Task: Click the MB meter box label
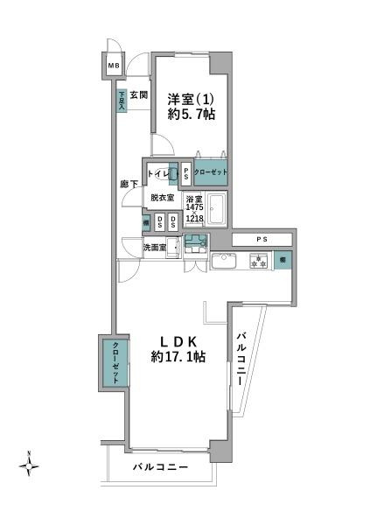(x=114, y=66)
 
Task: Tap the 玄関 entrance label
(x=140, y=94)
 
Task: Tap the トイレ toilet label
(x=160, y=173)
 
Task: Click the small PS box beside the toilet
(x=185, y=173)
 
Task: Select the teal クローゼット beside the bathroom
(x=210, y=172)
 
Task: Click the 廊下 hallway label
(x=129, y=185)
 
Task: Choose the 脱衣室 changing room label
(x=162, y=198)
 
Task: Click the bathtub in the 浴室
(x=217, y=211)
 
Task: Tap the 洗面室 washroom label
(x=155, y=248)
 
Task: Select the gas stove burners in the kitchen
(x=258, y=260)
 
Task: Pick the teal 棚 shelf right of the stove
(x=283, y=260)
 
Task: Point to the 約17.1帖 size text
(x=178, y=357)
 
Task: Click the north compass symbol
(x=29, y=465)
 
